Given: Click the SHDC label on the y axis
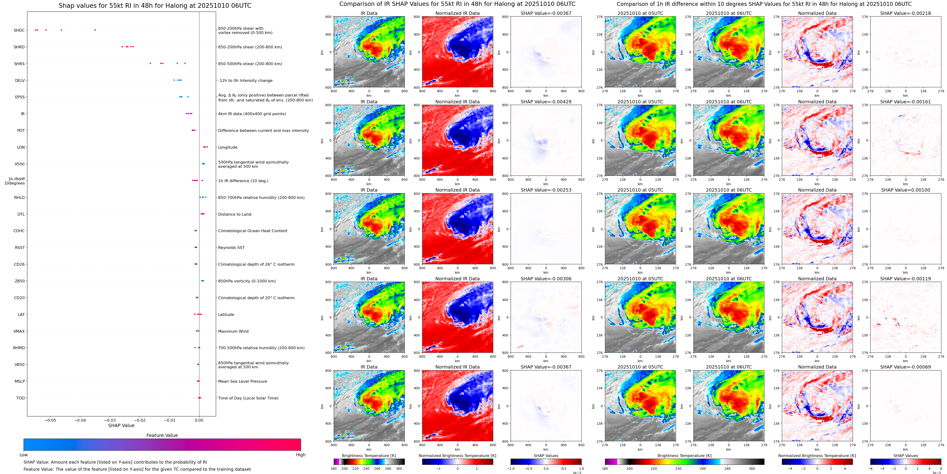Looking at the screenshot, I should coord(19,30).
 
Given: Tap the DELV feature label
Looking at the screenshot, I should coord(20,80).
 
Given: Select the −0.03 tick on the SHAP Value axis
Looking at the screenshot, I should coord(110,420).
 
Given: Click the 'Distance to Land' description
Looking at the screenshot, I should coord(234,214).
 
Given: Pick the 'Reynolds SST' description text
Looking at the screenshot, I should coord(231,247).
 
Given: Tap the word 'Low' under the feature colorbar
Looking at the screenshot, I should coord(24,455).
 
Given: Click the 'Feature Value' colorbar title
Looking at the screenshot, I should coord(162,435).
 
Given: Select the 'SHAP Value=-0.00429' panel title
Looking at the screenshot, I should coord(546,102).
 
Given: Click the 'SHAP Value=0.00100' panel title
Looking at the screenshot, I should coord(905,190).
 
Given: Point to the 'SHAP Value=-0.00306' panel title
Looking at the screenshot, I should coord(546,279).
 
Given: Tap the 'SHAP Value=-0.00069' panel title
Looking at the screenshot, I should coord(905,367).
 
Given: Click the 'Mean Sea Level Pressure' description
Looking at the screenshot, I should coord(243,381).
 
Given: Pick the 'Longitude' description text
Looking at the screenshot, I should coord(228,147).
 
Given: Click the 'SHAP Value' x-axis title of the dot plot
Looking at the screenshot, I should coord(121,425).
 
